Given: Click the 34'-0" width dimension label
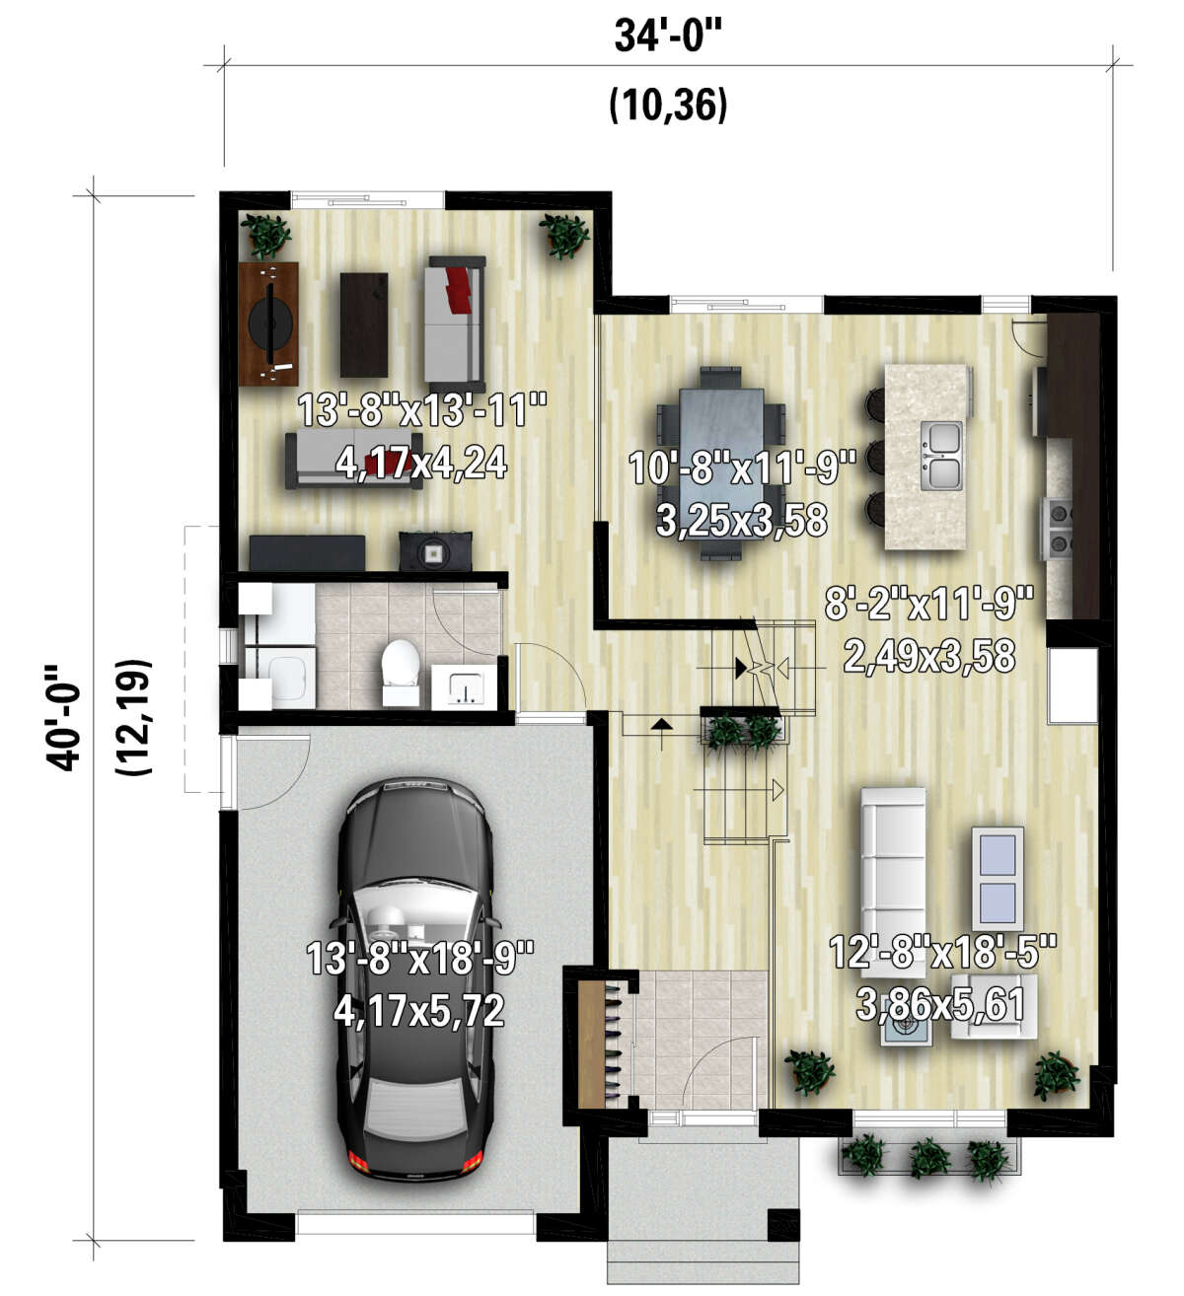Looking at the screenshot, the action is click(667, 36).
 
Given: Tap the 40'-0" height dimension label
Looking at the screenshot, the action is click(63, 716).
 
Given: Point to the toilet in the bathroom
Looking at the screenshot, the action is click(400, 672).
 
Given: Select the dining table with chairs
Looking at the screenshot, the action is click(720, 464).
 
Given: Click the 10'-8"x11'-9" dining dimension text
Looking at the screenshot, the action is click(742, 468).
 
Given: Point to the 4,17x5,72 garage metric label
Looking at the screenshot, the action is click(418, 1011).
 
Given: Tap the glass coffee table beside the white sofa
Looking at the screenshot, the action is click(998, 878).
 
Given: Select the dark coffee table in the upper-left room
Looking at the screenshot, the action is click(364, 324).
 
